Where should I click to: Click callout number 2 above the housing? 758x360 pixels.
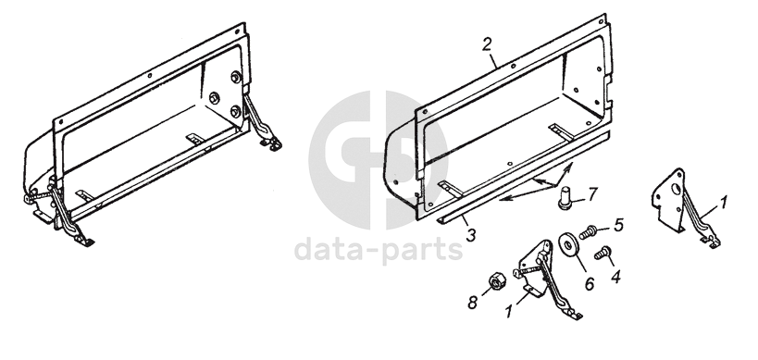tap(487, 44)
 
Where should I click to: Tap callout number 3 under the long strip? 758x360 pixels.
tap(471, 235)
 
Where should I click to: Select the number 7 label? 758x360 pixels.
tap(592, 193)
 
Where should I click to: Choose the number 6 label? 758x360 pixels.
tap(590, 283)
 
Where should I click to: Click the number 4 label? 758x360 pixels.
tap(615, 277)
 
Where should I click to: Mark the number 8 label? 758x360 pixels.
tap(472, 303)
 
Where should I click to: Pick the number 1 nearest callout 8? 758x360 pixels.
tap(508, 312)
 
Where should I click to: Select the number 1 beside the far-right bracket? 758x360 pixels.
tap(723, 203)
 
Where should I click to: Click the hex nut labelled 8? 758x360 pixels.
tap(495, 281)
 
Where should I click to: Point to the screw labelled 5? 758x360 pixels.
tap(587, 232)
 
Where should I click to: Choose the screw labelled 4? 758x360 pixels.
tap(603, 253)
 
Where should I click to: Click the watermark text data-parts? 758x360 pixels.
tap(379, 250)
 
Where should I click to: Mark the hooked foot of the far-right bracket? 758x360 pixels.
tap(711, 242)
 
